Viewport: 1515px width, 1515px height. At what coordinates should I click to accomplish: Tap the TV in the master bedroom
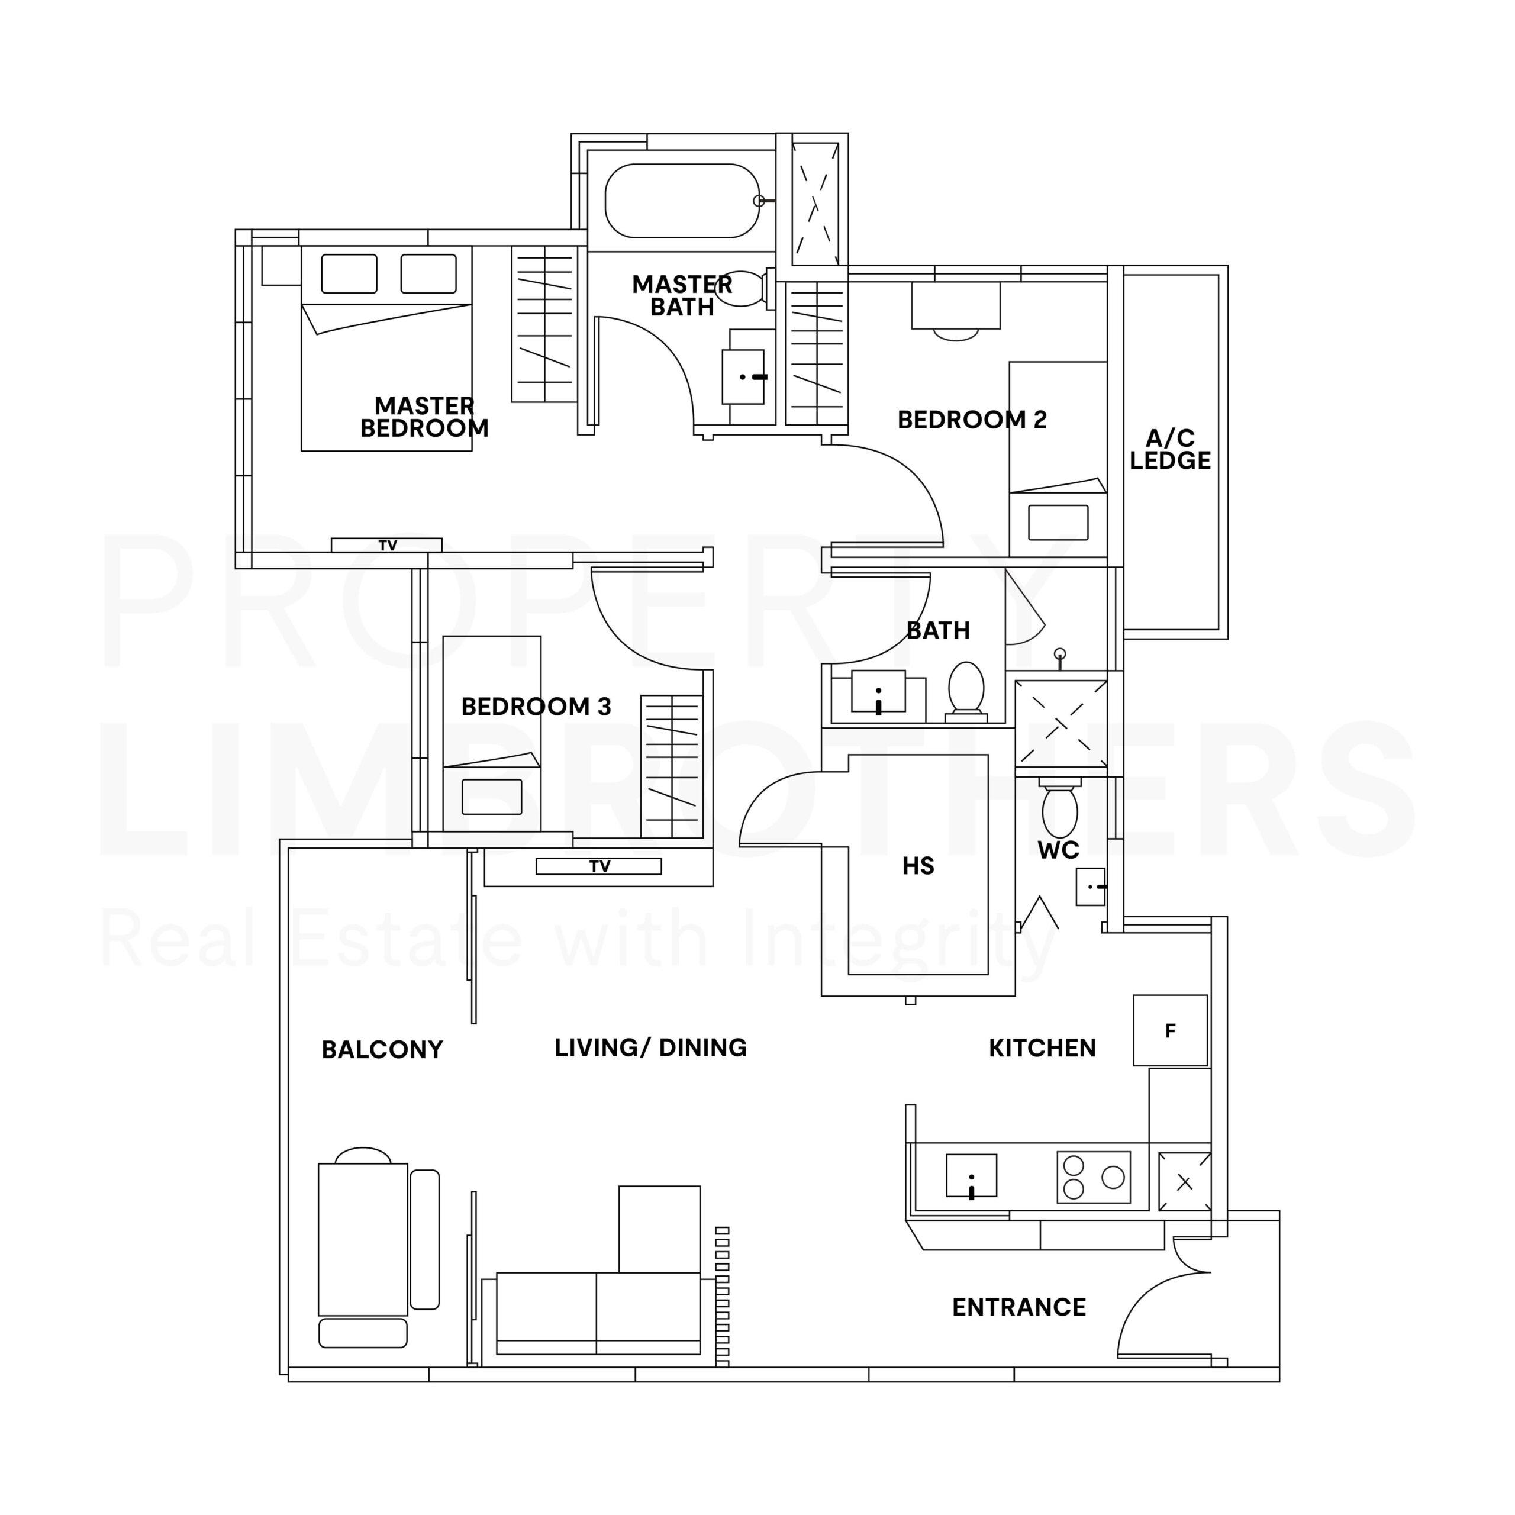[386, 545]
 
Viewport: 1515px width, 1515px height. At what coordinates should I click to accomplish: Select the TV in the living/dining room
[598, 866]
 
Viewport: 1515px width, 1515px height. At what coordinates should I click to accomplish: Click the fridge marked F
[1170, 1030]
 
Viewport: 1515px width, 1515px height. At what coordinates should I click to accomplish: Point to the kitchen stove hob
[1093, 1177]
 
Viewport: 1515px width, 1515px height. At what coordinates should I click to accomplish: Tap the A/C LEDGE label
[1170, 449]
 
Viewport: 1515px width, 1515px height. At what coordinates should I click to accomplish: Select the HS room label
[917, 866]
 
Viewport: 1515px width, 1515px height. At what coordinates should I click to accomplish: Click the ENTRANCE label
[1018, 1307]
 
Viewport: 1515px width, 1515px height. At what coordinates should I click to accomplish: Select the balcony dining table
[362, 1239]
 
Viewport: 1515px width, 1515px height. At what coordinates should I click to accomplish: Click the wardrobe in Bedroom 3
[671, 766]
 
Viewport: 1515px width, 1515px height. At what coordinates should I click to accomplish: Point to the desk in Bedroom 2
[955, 306]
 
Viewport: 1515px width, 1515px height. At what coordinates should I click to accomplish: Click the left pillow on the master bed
[349, 273]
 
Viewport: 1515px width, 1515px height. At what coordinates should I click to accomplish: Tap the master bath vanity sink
[743, 376]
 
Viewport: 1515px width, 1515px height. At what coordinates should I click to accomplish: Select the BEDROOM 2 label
[972, 420]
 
